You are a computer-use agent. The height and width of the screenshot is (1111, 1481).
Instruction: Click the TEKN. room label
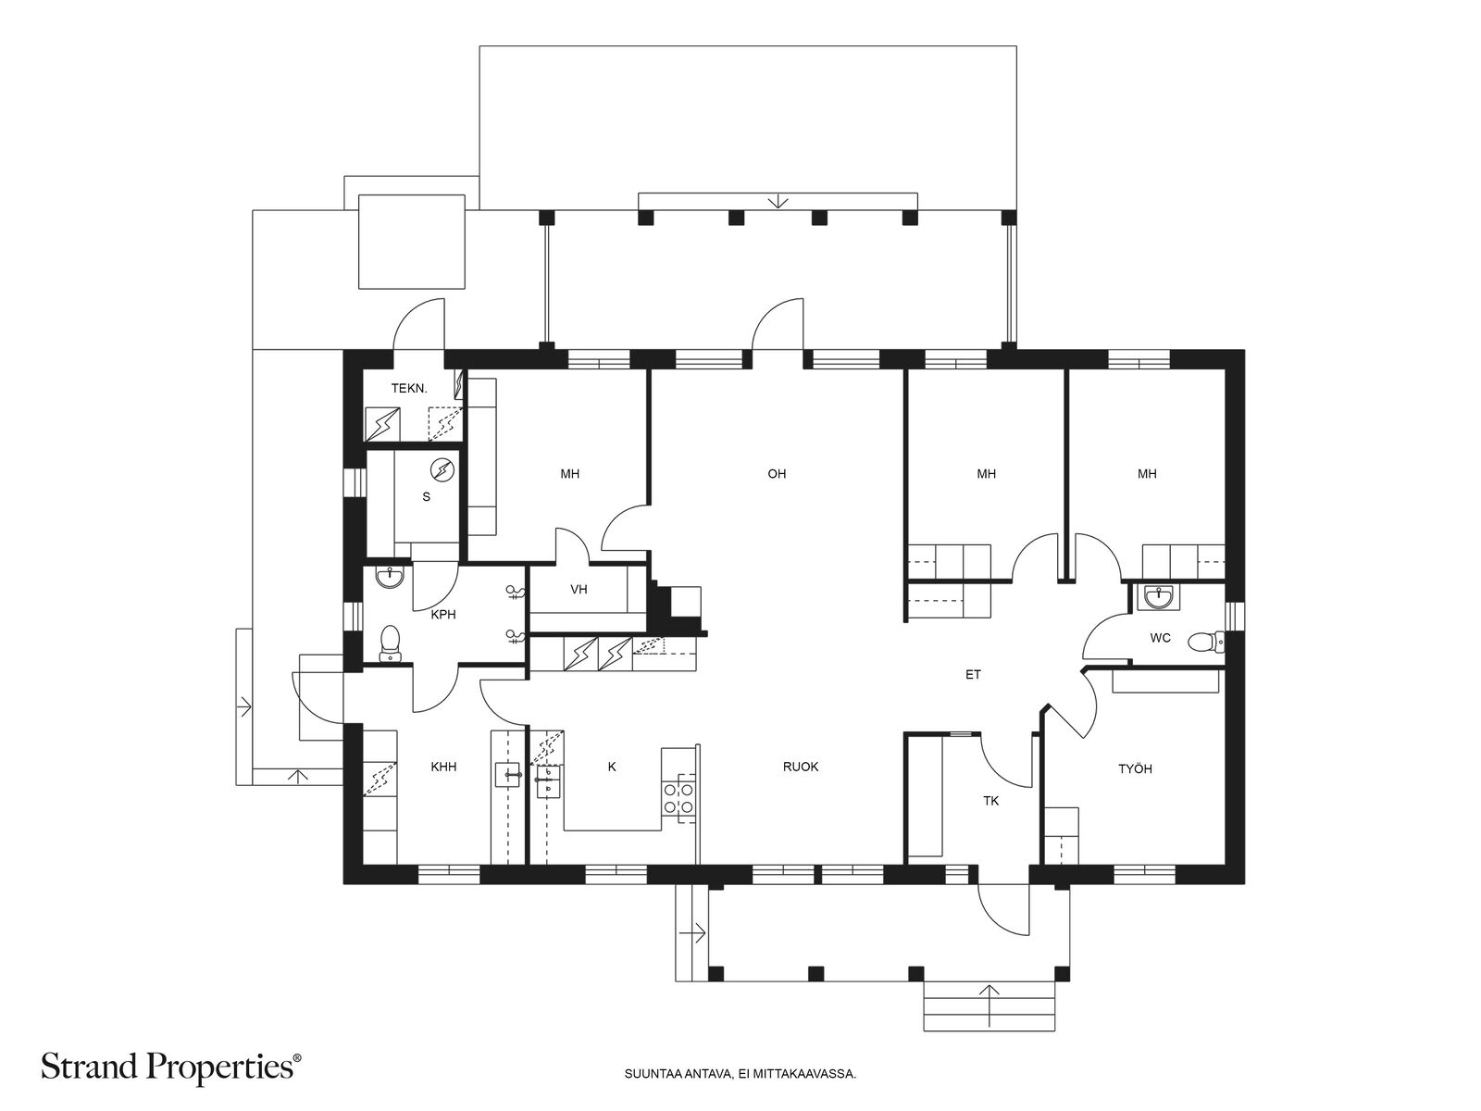coord(409,388)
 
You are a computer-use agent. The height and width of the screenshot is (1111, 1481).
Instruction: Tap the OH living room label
coord(777,473)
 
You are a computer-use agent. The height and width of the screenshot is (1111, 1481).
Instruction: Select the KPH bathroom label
coord(443,615)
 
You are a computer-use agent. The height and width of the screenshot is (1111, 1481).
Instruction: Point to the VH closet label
coord(579,589)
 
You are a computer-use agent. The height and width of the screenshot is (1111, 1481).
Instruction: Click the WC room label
coord(1161,638)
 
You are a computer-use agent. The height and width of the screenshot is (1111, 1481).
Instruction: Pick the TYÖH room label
coord(1135,768)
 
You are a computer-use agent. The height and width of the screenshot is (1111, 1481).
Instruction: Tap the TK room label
coord(990,801)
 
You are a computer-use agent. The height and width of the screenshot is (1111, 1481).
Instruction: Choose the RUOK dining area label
coord(801,767)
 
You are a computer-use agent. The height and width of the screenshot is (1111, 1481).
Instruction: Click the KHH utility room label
coord(443,767)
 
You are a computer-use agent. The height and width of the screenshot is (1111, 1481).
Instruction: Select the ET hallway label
coord(972,674)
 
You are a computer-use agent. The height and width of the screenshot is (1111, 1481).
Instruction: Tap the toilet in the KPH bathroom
coord(390,643)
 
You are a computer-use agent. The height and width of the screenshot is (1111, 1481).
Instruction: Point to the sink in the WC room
coord(1159,596)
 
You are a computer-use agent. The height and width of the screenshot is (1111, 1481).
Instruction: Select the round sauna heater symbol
coord(442,469)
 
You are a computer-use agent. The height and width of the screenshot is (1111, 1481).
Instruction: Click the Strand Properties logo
coord(170,1067)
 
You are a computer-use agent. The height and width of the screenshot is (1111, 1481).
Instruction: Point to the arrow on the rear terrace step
coord(778,200)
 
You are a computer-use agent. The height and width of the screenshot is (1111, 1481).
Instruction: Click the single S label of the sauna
coord(426,497)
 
